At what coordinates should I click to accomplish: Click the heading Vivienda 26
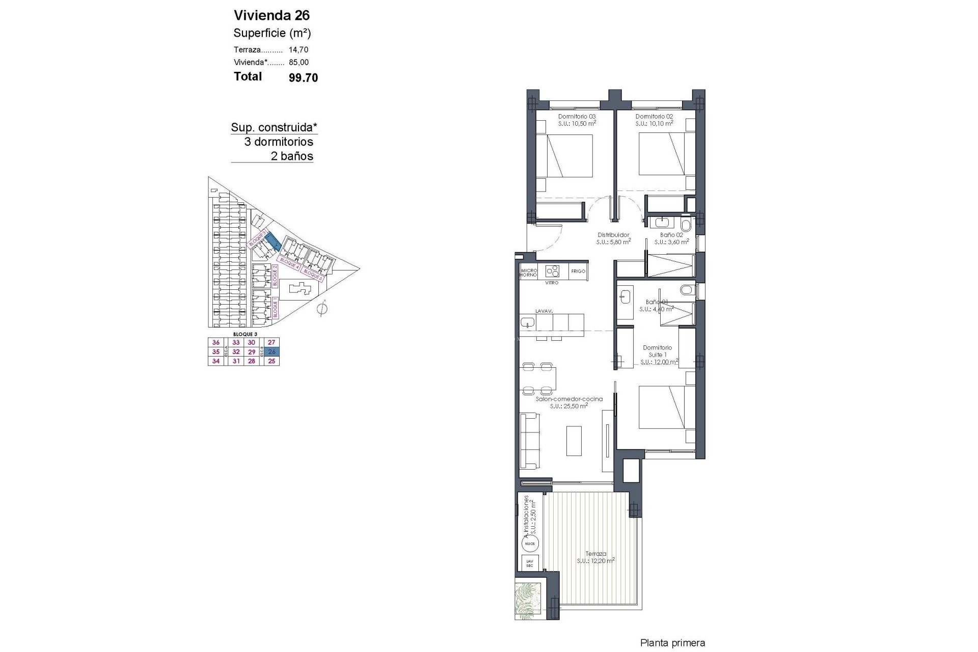(271, 15)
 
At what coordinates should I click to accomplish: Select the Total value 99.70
(303, 77)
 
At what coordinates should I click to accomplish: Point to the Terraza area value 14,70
(298, 50)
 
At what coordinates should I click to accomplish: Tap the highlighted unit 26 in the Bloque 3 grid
(271, 352)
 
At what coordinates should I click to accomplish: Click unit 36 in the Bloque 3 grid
(216, 343)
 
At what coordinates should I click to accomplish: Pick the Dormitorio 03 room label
(577, 116)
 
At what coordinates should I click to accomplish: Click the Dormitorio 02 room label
(654, 116)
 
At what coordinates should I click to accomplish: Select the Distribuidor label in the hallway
(613, 235)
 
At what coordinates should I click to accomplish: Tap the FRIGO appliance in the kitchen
(578, 271)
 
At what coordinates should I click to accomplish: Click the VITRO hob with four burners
(552, 271)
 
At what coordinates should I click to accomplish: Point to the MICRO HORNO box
(529, 273)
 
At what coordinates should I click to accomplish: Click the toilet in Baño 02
(686, 225)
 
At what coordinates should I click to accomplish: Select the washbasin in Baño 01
(624, 295)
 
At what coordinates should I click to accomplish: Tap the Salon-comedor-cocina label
(569, 399)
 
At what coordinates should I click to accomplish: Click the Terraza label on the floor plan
(595, 554)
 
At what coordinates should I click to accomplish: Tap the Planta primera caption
(672, 643)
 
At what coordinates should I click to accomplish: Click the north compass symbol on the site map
(321, 309)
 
